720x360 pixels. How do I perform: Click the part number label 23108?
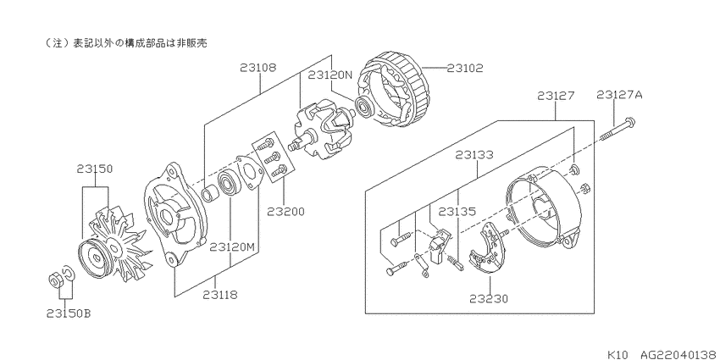coord(258,68)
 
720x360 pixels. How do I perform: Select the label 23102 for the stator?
coord(465,68)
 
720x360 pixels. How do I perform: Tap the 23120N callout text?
coord(330,75)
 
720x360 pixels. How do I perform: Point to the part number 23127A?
coord(619,95)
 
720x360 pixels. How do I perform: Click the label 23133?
coord(474,155)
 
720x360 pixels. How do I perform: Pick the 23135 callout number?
coord(457,212)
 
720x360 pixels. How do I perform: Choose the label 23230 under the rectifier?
coord(489,299)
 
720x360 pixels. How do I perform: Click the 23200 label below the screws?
coord(285,212)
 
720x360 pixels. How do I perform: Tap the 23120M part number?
coord(232,247)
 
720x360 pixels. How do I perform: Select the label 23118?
coord(220,295)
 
